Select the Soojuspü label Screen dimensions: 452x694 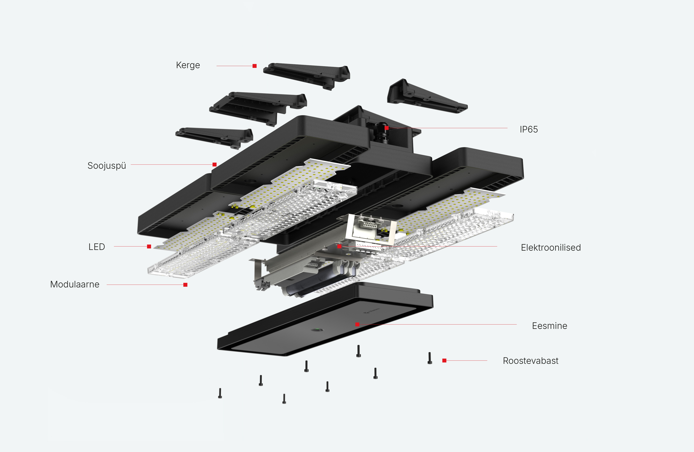click(x=107, y=166)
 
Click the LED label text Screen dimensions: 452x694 click(x=97, y=247)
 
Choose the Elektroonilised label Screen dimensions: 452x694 click(x=551, y=247)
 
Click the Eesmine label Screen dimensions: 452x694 click(x=549, y=326)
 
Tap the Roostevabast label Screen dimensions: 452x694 click(x=530, y=361)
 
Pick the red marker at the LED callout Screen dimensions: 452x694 click(x=149, y=247)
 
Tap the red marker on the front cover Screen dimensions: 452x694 click(x=357, y=324)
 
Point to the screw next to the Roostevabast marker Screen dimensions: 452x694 click(x=430, y=358)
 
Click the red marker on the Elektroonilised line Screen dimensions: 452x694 click(x=339, y=247)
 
